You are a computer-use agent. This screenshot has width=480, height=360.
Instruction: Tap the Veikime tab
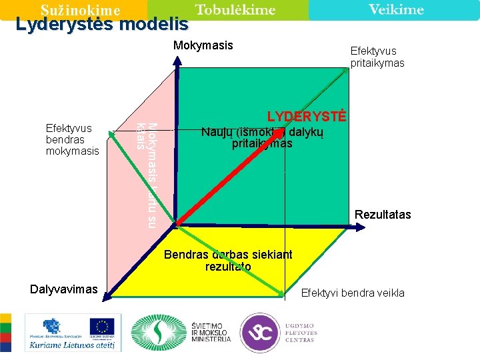point(396,9)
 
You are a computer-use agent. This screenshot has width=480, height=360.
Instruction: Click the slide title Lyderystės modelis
point(102,25)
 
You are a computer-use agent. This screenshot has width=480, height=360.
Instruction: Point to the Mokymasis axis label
point(203,45)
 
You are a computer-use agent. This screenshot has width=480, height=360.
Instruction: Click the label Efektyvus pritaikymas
point(377,57)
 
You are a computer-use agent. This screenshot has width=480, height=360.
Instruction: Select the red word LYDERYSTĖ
point(307,117)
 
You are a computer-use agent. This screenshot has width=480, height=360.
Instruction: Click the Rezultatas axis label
point(383,215)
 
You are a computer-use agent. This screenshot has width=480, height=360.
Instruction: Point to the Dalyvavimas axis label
point(64,289)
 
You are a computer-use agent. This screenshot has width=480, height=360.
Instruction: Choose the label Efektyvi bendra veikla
point(353,293)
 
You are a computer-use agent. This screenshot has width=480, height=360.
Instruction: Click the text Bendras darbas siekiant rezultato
point(228,260)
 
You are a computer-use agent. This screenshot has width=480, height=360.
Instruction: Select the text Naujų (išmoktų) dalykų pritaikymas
point(262,138)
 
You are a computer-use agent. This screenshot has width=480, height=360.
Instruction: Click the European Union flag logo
point(102,327)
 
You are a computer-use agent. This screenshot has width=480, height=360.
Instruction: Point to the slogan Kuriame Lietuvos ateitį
point(70,344)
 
